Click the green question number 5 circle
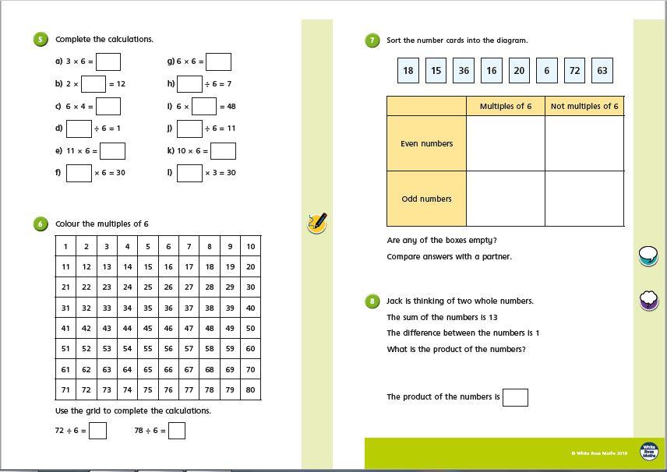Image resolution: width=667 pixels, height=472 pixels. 41,39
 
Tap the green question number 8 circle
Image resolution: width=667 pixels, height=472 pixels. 373,301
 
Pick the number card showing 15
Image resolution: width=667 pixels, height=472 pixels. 436,70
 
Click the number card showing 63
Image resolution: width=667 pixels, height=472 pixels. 602,70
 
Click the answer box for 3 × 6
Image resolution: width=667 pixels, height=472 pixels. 108,62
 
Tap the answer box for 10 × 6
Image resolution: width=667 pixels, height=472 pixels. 223,150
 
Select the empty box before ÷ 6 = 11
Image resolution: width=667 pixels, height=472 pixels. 189,129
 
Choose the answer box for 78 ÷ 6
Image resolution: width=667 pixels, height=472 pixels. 177,430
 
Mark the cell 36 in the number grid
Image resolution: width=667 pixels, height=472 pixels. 168,308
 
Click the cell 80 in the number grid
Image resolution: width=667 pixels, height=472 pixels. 250,389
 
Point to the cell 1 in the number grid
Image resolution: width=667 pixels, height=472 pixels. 65,246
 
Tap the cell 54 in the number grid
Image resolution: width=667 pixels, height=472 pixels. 127,348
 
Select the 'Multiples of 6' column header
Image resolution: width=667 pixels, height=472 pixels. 506,106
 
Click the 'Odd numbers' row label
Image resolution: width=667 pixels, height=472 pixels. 426,199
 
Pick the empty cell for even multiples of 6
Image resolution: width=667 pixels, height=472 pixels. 506,143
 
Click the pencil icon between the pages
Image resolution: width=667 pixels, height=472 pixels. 317,223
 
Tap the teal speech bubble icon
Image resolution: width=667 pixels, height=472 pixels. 648,255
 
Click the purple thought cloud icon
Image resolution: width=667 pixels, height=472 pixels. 648,299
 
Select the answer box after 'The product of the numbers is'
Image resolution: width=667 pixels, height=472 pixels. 515,397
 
